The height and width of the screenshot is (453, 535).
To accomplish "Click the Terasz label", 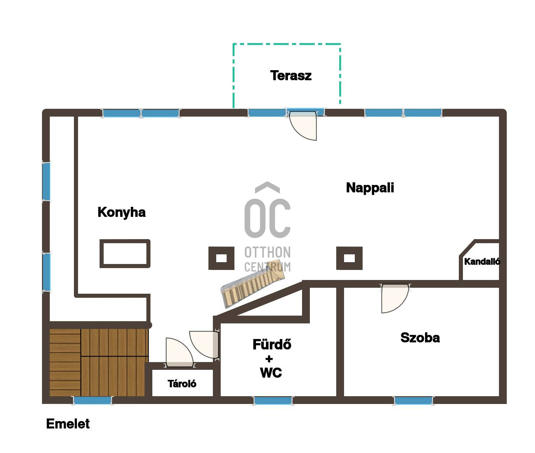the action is tap(291, 75).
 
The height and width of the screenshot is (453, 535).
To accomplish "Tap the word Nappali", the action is tap(370, 188).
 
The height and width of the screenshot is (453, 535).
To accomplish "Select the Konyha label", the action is tap(121, 212).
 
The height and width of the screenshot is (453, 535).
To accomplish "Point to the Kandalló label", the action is tap(482, 261).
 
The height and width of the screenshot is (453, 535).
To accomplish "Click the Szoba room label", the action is tap(420, 338).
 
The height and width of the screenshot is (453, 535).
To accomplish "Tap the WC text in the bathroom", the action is tap(271, 373).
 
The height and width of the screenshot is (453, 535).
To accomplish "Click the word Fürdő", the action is tap(272, 344).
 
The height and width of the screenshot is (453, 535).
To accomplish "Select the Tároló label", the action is tap(182, 384).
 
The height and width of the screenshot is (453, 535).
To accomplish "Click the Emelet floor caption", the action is tap(68, 424).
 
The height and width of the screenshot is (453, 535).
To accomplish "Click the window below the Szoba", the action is tap(414, 401).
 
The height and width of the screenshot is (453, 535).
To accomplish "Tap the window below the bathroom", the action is tap(273, 401).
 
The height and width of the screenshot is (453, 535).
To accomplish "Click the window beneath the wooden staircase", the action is tap(93, 401).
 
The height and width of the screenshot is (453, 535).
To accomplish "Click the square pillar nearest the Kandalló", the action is tap(349, 258).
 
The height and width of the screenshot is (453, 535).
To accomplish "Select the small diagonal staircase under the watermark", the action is tap(252, 284).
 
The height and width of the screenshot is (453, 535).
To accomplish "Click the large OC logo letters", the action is tap(267, 218).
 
